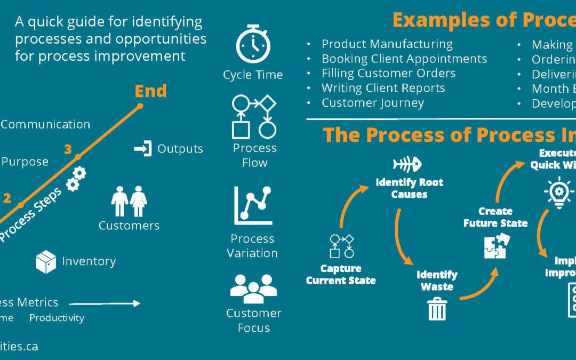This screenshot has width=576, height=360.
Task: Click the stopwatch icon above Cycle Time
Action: point(253,45)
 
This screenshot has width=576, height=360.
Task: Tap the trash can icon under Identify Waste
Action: point(437,309)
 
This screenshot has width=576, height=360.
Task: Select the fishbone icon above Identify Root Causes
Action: point(407,164)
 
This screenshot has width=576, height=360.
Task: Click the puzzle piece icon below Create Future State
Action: point(495,246)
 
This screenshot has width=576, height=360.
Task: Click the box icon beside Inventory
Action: point(46,262)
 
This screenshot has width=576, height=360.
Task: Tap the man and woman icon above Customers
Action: point(129,201)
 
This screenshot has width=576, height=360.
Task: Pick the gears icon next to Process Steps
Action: point(76,178)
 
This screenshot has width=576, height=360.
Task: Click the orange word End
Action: point(150,91)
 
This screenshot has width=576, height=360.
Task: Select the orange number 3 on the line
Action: point(68,150)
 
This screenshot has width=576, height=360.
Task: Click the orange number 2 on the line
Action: point(7,198)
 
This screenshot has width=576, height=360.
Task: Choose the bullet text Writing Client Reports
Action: point(383,88)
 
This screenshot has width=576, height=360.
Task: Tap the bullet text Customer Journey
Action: point(372,103)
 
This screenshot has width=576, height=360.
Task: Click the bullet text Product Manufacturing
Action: point(387,44)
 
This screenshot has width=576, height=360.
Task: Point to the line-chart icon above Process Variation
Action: point(253,205)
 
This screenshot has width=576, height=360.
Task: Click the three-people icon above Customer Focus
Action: point(253,289)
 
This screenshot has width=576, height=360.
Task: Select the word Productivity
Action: point(57,318)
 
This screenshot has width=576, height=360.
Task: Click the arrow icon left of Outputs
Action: point(142,149)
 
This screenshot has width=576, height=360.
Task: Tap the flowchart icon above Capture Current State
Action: point(341,246)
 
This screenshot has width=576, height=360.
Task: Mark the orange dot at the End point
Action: point(140,106)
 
